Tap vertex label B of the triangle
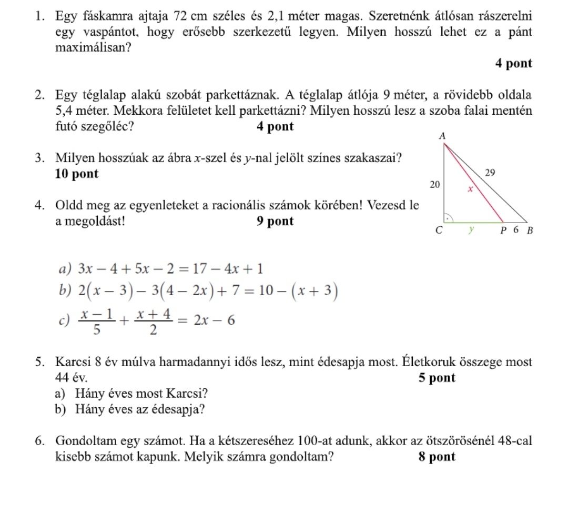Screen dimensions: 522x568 [530, 230]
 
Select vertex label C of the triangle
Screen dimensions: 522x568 [442, 230]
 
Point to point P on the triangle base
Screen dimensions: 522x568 [503, 230]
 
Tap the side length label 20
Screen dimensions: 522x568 [435, 185]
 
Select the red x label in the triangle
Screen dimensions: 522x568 [471, 189]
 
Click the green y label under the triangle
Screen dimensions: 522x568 [472, 229]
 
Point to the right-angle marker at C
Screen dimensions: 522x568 [449, 216]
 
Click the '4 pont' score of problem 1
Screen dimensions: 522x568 [514, 64]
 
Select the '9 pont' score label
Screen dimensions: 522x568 [276, 222]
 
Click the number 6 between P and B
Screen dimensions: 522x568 [516, 230]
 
